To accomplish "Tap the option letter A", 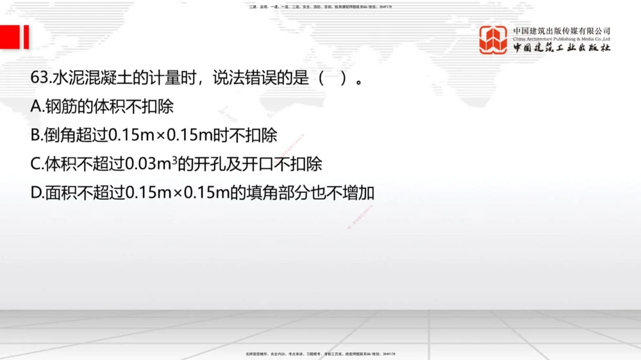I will point(36,106).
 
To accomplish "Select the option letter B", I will point(36,135).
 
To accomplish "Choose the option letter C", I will point(36,164).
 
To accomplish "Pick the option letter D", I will point(37,193).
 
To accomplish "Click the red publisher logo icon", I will point(493,40).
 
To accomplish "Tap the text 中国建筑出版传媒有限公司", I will point(562,31).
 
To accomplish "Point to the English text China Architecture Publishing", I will point(548,39).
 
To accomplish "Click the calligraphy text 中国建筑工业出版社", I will point(562,49).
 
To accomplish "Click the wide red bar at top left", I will point(10,37).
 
